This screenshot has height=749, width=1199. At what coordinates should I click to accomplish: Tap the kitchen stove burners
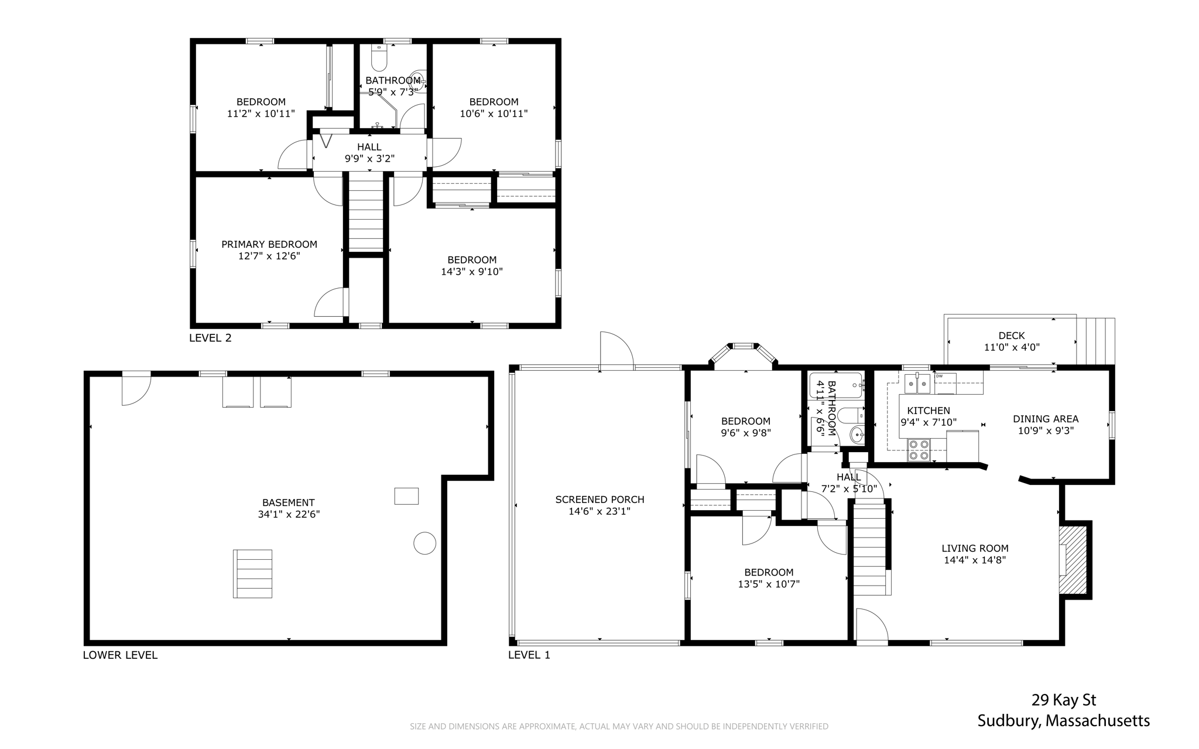click(x=918, y=450)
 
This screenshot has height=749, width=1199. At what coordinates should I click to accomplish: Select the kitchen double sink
click(x=917, y=384)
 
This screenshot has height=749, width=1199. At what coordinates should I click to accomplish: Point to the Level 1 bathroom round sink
click(x=857, y=435)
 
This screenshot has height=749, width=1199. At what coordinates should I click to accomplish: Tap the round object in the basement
click(x=424, y=543)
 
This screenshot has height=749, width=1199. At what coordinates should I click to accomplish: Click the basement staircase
click(x=252, y=573)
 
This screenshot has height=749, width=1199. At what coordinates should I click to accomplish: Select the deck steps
click(x=1095, y=341)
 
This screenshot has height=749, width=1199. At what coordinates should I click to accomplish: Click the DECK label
click(x=1011, y=336)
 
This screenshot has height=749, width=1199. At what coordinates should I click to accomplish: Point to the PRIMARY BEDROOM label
click(x=269, y=244)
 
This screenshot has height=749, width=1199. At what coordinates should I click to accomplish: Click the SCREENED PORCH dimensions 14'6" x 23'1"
click(x=599, y=511)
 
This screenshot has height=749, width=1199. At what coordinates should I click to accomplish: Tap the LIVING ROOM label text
click(x=975, y=548)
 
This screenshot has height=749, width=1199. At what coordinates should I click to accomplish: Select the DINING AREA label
click(x=1046, y=419)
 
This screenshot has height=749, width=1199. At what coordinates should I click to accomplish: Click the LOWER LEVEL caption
click(x=120, y=655)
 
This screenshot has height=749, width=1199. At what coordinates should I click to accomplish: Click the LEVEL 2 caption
click(x=210, y=338)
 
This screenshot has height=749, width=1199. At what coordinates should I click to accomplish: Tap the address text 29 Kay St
click(x=1064, y=700)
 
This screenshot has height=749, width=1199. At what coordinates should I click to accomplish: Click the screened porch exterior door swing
click(x=616, y=350)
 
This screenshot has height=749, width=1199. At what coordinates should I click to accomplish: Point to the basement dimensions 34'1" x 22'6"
click(x=289, y=514)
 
